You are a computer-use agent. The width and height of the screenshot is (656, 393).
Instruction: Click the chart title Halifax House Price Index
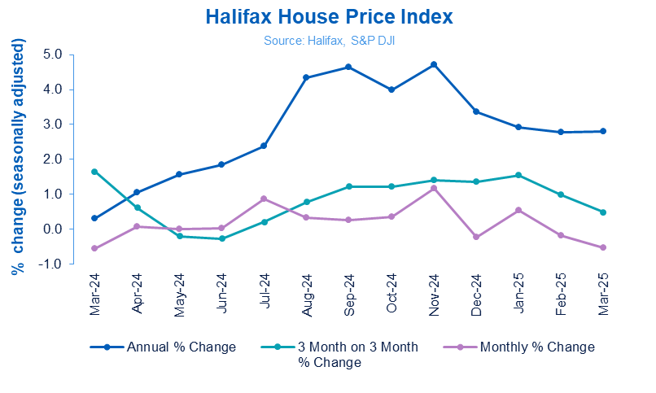point(329,16)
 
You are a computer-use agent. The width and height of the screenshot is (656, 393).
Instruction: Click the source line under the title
point(327,39)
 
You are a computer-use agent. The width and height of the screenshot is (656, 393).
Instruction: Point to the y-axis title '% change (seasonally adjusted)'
point(17,159)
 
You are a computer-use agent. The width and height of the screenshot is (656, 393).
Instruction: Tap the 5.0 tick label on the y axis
point(56,55)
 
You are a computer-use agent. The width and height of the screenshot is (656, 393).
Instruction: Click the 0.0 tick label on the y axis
point(56,229)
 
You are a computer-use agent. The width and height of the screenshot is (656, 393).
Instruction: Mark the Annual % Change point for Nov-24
point(434,64)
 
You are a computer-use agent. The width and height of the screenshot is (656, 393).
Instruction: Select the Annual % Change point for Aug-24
point(306,77)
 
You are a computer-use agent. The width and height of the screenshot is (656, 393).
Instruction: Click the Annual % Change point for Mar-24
point(95,218)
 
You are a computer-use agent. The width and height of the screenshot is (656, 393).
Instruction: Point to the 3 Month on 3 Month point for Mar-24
point(95,172)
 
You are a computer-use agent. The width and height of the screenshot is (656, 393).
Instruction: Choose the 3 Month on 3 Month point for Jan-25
point(518,175)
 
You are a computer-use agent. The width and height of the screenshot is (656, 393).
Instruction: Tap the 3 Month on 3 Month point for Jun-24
point(221,238)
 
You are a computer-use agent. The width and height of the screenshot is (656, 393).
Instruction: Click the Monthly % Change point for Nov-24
point(434,188)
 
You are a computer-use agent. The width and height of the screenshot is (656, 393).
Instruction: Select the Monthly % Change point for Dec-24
point(476,237)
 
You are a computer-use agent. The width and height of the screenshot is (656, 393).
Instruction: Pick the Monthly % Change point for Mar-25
point(603,247)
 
